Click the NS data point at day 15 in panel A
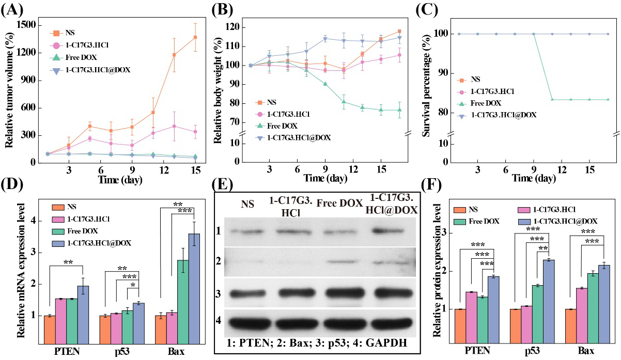pos(195,37)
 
